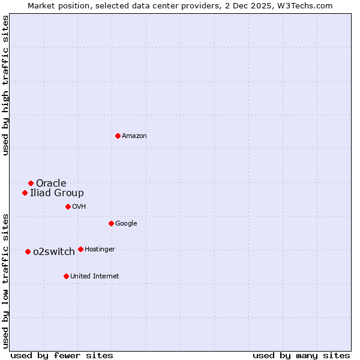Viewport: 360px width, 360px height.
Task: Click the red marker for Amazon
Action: pos(118,136)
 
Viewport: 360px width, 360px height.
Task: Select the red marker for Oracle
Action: pos(31,183)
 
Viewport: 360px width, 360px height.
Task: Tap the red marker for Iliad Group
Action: pos(25,193)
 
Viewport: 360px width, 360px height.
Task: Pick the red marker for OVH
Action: pos(68,206)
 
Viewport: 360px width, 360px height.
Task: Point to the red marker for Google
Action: pos(111,223)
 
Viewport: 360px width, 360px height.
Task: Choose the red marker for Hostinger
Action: pos(80,249)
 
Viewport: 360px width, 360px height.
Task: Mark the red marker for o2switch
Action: pos(28,251)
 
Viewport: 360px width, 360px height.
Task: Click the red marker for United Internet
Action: pos(66,276)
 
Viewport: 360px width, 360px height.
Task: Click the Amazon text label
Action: pos(134,136)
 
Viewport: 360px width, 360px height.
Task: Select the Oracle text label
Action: pos(51,184)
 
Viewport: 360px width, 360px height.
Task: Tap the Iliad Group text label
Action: pos(57,193)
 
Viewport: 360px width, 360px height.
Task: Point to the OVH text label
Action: pos(79,207)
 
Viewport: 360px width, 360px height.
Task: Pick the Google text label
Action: pos(126,224)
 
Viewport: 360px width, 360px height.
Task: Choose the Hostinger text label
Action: pos(100,250)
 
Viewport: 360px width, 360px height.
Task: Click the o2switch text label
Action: pos(54,252)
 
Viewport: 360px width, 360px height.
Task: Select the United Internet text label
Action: pos(94,277)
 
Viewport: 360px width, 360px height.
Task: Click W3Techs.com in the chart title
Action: pos(305,5)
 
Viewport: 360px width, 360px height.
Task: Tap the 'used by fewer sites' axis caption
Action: pos(62,355)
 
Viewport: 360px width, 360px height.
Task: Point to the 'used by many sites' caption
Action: pos(301,355)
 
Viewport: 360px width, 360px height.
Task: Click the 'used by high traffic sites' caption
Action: pos(5,86)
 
